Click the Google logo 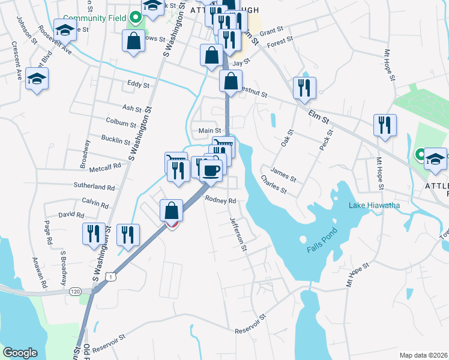click(20, 353)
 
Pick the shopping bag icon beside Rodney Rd click(172, 211)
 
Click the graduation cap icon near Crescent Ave click(37, 79)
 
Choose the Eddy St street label click(138, 85)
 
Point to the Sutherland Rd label click(94, 187)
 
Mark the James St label click(284, 174)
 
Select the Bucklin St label click(116, 141)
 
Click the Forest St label click(280, 41)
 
